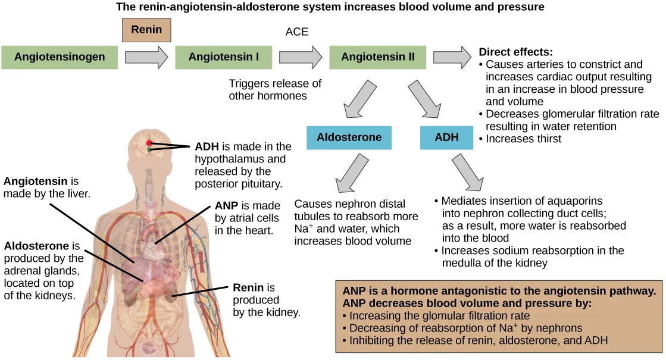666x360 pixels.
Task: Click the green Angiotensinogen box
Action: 60,57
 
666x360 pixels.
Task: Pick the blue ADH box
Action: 446,137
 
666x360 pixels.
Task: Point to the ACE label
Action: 297,32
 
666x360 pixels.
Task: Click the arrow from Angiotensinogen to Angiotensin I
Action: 146,57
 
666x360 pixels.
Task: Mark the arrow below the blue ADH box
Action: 468,173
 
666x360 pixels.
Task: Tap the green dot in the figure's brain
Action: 149,151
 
